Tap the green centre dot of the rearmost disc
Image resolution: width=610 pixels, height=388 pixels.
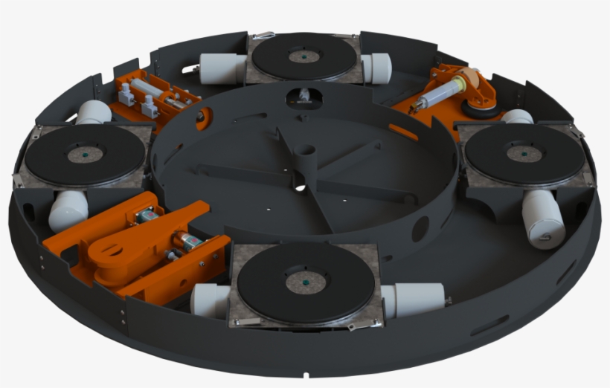pos(304,56)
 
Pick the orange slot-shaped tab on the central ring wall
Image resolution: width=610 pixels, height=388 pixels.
pos(402,132)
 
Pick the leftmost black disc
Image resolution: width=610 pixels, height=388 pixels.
pos(84,155)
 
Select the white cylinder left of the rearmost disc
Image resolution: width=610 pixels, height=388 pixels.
pos(223,70)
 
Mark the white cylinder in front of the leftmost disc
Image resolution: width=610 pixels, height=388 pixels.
pos(67,210)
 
